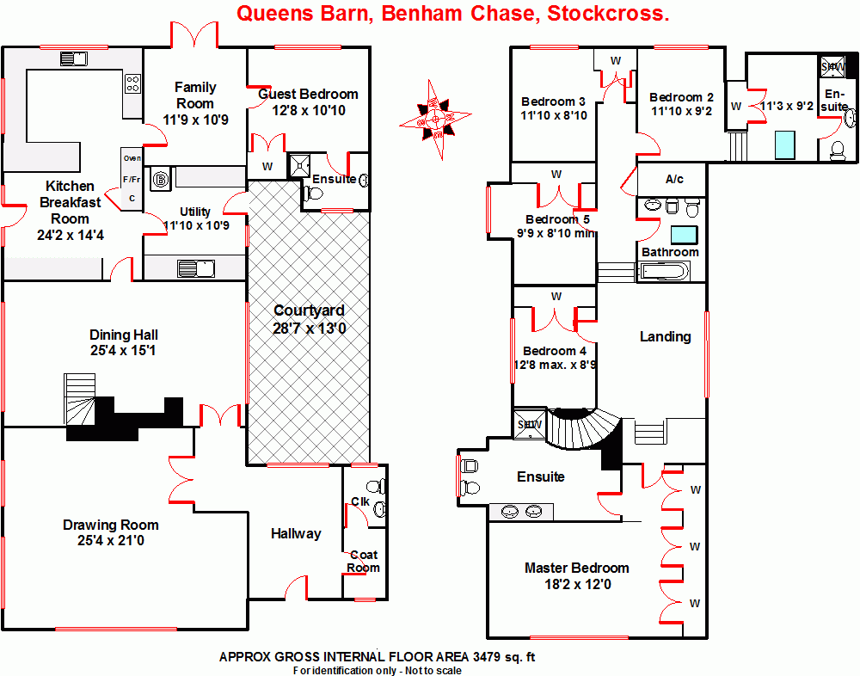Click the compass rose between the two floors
(x=434, y=118)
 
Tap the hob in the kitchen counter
(x=133, y=83)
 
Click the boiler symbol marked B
(x=160, y=180)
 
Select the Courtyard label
(x=309, y=310)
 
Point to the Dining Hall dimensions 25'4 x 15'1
(x=124, y=350)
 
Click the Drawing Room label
(x=111, y=525)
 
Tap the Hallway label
(x=296, y=533)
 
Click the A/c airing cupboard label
(x=674, y=179)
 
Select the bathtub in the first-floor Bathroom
(x=664, y=273)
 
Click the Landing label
(x=666, y=336)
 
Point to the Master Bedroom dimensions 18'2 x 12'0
(x=576, y=584)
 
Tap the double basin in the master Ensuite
(x=521, y=512)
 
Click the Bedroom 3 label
(x=553, y=101)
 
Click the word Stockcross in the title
(x=608, y=14)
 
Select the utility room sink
(x=197, y=268)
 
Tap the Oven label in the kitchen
(x=132, y=158)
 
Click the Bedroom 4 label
(x=555, y=351)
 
